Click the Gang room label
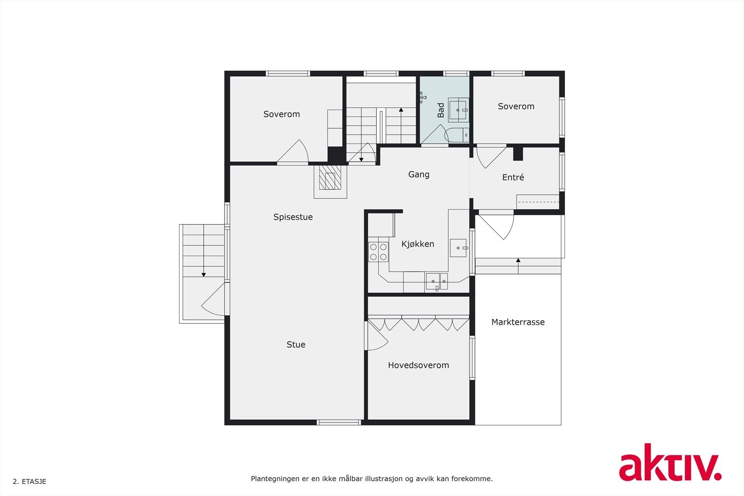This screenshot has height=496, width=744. click(418, 174)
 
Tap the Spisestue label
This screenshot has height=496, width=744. click(293, 217)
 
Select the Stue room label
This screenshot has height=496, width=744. click(296, 344)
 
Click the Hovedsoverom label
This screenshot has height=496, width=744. click(418, 365)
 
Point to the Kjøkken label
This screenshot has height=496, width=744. click(418, 244)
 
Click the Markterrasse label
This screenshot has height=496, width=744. click(518, 322)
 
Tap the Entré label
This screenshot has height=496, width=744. click(513, 178)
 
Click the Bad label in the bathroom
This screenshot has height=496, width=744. click(441, 110)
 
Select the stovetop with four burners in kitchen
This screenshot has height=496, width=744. click(378, 252)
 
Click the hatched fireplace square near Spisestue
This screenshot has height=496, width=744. click(330, 180)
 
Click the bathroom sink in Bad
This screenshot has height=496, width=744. click(458, 110)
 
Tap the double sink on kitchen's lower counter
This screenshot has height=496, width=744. click(437, 281)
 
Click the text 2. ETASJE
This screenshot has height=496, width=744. click(29, 482)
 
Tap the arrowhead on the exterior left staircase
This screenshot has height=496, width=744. click(204, 275)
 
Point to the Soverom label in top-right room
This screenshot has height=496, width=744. click(516, 106)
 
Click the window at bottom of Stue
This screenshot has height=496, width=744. click(339, 422)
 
